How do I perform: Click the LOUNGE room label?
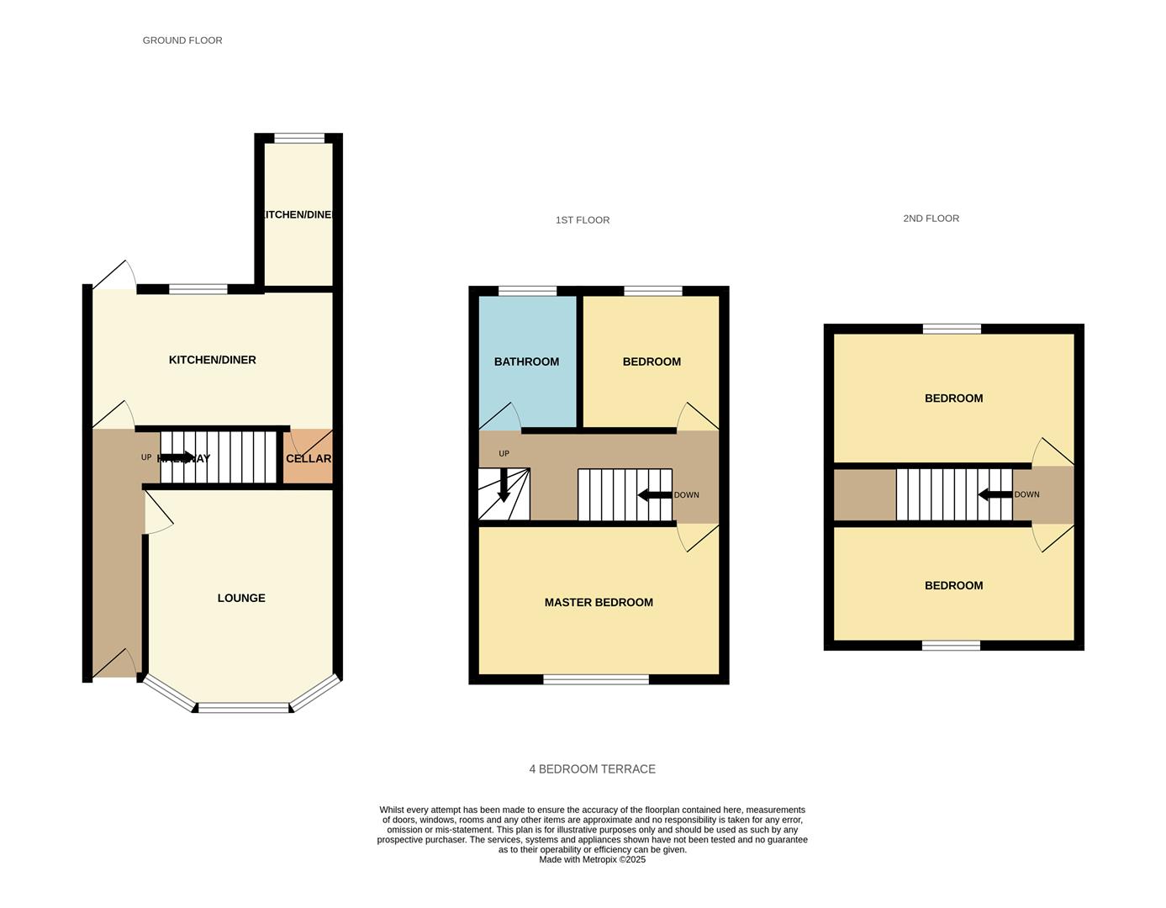241,598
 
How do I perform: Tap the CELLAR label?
308,458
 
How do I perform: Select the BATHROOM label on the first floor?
526,362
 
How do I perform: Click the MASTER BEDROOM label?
599,602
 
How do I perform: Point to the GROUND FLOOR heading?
182,40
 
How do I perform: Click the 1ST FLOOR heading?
583,220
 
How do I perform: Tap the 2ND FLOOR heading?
931,219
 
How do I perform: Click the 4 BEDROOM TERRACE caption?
592,769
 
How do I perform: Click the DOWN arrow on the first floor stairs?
655,494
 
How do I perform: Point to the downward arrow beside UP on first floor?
504,485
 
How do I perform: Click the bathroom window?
527,292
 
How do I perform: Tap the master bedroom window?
596,679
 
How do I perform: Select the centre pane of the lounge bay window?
244,708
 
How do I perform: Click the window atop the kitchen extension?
299,139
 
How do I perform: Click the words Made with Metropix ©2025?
592,860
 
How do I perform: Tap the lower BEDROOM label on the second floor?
953,585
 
